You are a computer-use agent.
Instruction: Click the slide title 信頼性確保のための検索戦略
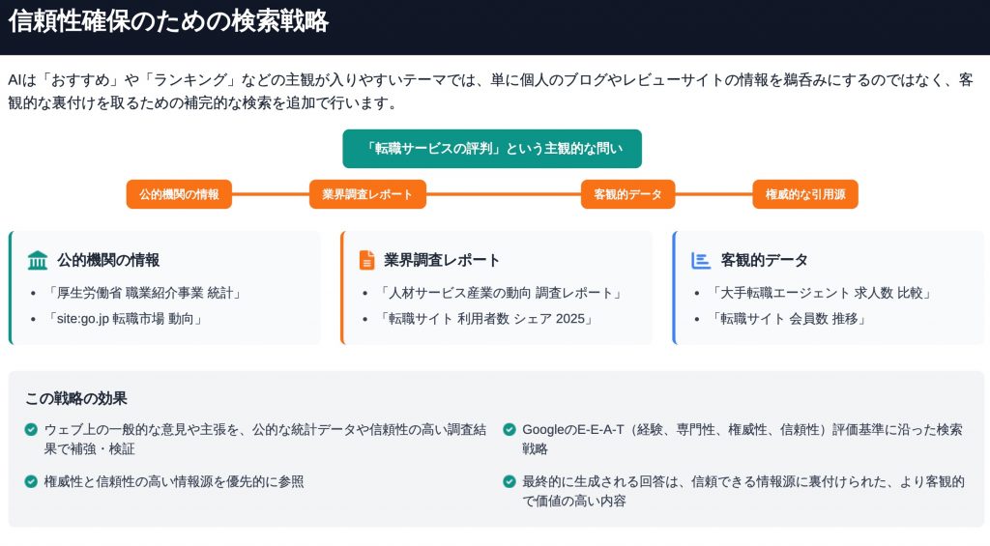coord(168,21)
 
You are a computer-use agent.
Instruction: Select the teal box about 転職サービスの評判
coord(492,148)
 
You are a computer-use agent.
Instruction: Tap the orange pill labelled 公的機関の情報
coord(179,194)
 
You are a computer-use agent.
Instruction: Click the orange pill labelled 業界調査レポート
coord(367,194)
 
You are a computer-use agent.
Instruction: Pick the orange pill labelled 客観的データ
coord(627,194)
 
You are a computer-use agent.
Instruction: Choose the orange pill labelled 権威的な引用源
coord(805,194)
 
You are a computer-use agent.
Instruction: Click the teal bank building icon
coord(38,260)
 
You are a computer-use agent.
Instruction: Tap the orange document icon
coord(366,260)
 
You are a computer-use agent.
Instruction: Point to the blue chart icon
coord(701,260)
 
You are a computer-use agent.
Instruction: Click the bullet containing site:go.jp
coord(125,319)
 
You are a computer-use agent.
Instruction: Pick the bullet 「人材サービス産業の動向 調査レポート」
coord(500,293)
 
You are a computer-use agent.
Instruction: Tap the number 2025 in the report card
coord(570,319)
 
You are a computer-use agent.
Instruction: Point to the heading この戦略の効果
coord(76,398)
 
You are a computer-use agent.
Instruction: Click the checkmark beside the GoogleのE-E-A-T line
coord(510,429)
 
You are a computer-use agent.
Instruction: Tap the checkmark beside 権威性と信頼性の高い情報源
coord(31,481)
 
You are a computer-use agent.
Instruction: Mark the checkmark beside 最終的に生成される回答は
coord(510,481)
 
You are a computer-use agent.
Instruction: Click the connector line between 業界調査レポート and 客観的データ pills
coord(503,194)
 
